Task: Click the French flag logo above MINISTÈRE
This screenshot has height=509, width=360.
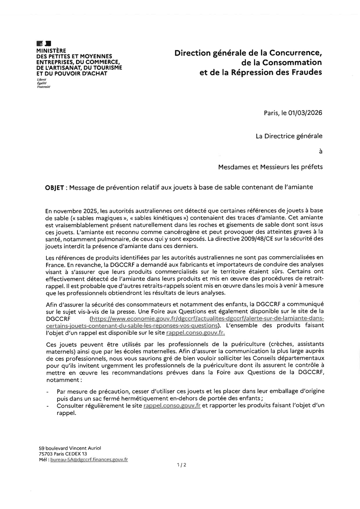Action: [x=43, y=43]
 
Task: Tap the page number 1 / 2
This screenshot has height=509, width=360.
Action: [x=182, y=465]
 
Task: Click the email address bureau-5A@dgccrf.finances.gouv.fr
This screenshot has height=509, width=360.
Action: [x=89, y=460]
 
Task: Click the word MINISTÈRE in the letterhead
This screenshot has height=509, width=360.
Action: [x=51, y=51]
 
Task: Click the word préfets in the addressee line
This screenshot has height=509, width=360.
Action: [x=312, y=167]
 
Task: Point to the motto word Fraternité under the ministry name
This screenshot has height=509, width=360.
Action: [x=43, y=86]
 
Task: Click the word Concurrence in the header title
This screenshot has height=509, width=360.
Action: [x=293, y=53]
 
